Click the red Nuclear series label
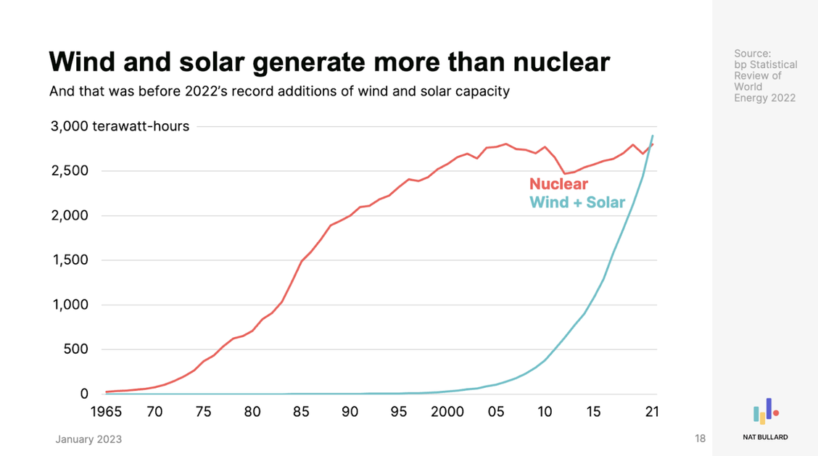(558, 183)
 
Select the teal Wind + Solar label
(577, 202)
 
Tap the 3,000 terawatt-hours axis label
(119, 126)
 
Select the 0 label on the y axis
(84, 394)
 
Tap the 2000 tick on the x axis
(447, 412)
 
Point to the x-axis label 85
(301, 412)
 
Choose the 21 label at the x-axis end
(653, 412)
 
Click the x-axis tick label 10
(545, 412)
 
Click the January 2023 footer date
(88, 439)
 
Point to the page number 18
(700, 439)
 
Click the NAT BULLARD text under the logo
(765, 437)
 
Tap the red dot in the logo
(776, 413)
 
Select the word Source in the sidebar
(753, 54)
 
